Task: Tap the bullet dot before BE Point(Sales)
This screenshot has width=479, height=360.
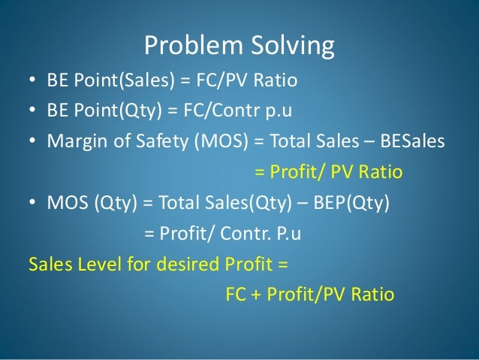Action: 32,80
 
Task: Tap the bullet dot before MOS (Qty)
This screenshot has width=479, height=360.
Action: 32,204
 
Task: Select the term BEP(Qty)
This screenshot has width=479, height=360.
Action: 355,204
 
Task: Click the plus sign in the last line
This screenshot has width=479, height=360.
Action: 257,295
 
